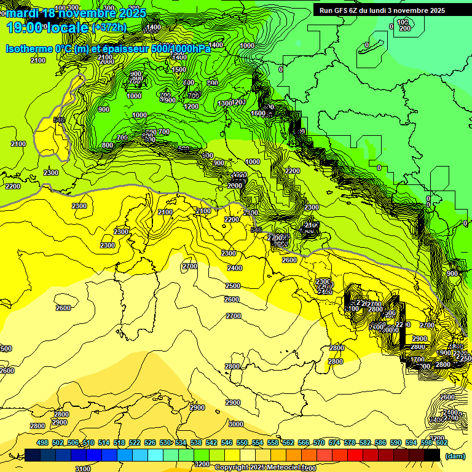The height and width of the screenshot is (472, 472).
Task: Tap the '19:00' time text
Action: (x=26, y=27)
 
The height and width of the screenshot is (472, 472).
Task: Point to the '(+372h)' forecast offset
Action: (x=109, y=27)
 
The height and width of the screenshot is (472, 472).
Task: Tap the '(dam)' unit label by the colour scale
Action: (x=454, y=455)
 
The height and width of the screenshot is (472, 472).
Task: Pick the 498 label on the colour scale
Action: (x=42, y=442)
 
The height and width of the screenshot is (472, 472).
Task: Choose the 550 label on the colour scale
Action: (x=242, y=442)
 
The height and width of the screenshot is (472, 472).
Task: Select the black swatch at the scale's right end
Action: (x=432, y=455)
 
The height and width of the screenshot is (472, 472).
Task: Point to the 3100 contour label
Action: (x=82, y=468)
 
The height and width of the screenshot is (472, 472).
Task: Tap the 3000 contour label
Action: (x=235, y=424)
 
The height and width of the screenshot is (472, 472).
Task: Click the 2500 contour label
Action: (x=232, y=286)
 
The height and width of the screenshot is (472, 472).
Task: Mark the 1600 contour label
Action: (x=258, y=113)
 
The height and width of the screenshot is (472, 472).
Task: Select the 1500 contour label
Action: (x=179, y=69)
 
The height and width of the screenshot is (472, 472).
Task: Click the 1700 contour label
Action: (x=417, y=360)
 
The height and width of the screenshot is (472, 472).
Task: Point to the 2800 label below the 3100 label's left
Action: (x=37, y=426)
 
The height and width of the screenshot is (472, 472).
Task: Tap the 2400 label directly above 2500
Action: (x=234, y=268)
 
